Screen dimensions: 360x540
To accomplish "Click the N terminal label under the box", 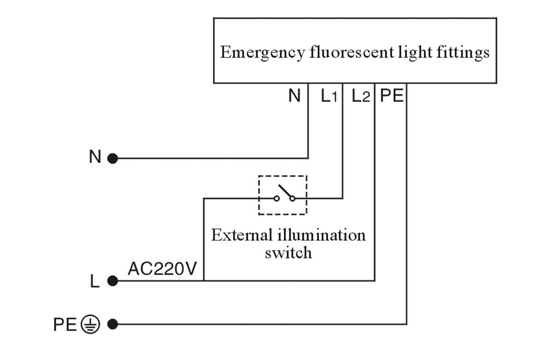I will click(294, 96).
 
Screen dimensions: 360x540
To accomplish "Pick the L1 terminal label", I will click(329, 96).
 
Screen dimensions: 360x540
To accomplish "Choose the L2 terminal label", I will click(360, 96).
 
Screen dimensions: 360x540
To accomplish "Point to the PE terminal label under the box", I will click(391, 96).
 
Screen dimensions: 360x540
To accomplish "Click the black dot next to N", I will click(112, 159).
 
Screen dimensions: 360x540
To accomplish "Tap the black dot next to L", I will click(112, 280).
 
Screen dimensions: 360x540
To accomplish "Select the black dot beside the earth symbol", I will click(112, 324).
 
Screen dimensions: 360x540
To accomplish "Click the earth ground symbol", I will click(90, 324).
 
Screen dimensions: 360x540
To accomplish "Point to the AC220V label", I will click(162, 269).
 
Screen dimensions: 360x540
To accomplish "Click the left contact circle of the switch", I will click(276, 198).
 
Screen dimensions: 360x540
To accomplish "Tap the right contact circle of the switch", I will click(292, 198).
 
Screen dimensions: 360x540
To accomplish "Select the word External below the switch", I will click(241, 235).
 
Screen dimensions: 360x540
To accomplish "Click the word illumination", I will click(321, 235).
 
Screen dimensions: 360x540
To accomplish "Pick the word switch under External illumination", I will click(288, 252).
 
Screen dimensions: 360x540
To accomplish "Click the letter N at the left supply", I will click(95, 158).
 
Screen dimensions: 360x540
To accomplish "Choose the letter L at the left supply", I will click(95, 281).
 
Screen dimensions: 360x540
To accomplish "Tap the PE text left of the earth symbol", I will click(65, 325).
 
